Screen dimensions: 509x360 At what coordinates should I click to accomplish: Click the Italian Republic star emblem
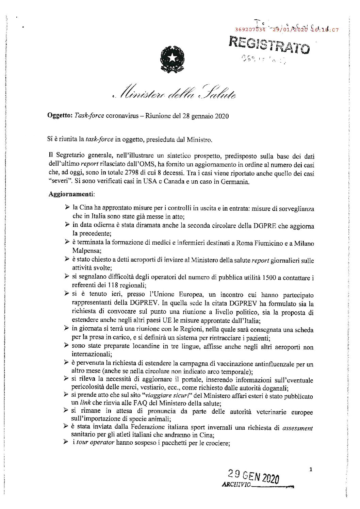click(172, 58)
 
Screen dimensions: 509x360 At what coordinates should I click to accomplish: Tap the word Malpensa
click(85, 252)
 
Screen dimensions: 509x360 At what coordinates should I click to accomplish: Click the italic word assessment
click(297, 428)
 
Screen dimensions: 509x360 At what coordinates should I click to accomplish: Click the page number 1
click(311, 470)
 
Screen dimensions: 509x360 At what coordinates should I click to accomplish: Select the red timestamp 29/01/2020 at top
click(288, 30)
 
